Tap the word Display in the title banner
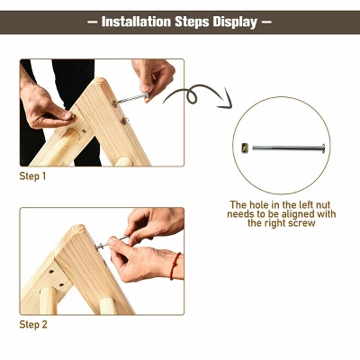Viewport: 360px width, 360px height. coord(230,21)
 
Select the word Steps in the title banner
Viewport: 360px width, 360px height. coord(192,21)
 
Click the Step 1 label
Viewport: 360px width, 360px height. coord(33,175)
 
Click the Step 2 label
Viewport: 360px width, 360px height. coord(33,324)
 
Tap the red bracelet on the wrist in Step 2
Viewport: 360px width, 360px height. coord(175,265)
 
